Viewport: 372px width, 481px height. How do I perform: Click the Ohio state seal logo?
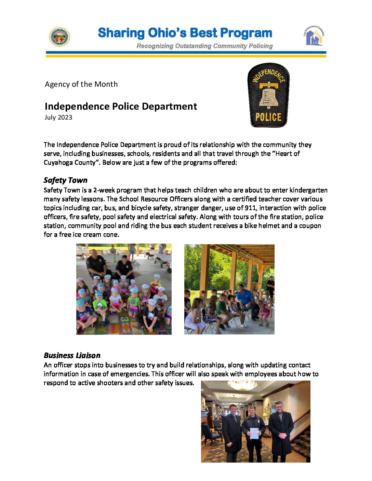[59, 37]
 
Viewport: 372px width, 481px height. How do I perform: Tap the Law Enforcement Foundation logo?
[314, 36]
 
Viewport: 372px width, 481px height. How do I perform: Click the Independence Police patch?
[268, 95]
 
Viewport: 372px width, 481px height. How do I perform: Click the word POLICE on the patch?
[268, 117]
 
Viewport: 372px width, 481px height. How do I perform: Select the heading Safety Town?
[66, 180]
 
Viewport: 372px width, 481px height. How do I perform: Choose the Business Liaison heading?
[72, 355]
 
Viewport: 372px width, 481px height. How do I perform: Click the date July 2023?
[58, 117]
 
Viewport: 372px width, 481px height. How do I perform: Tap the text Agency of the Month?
[81, 84]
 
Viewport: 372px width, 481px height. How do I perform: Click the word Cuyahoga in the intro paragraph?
[58, 162]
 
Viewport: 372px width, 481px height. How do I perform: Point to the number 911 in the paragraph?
[251, 208]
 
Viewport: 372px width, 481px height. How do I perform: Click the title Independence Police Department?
[121, 106]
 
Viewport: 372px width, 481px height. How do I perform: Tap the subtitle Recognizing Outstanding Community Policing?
[204, 46]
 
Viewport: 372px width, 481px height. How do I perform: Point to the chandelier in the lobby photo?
[242, 385]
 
